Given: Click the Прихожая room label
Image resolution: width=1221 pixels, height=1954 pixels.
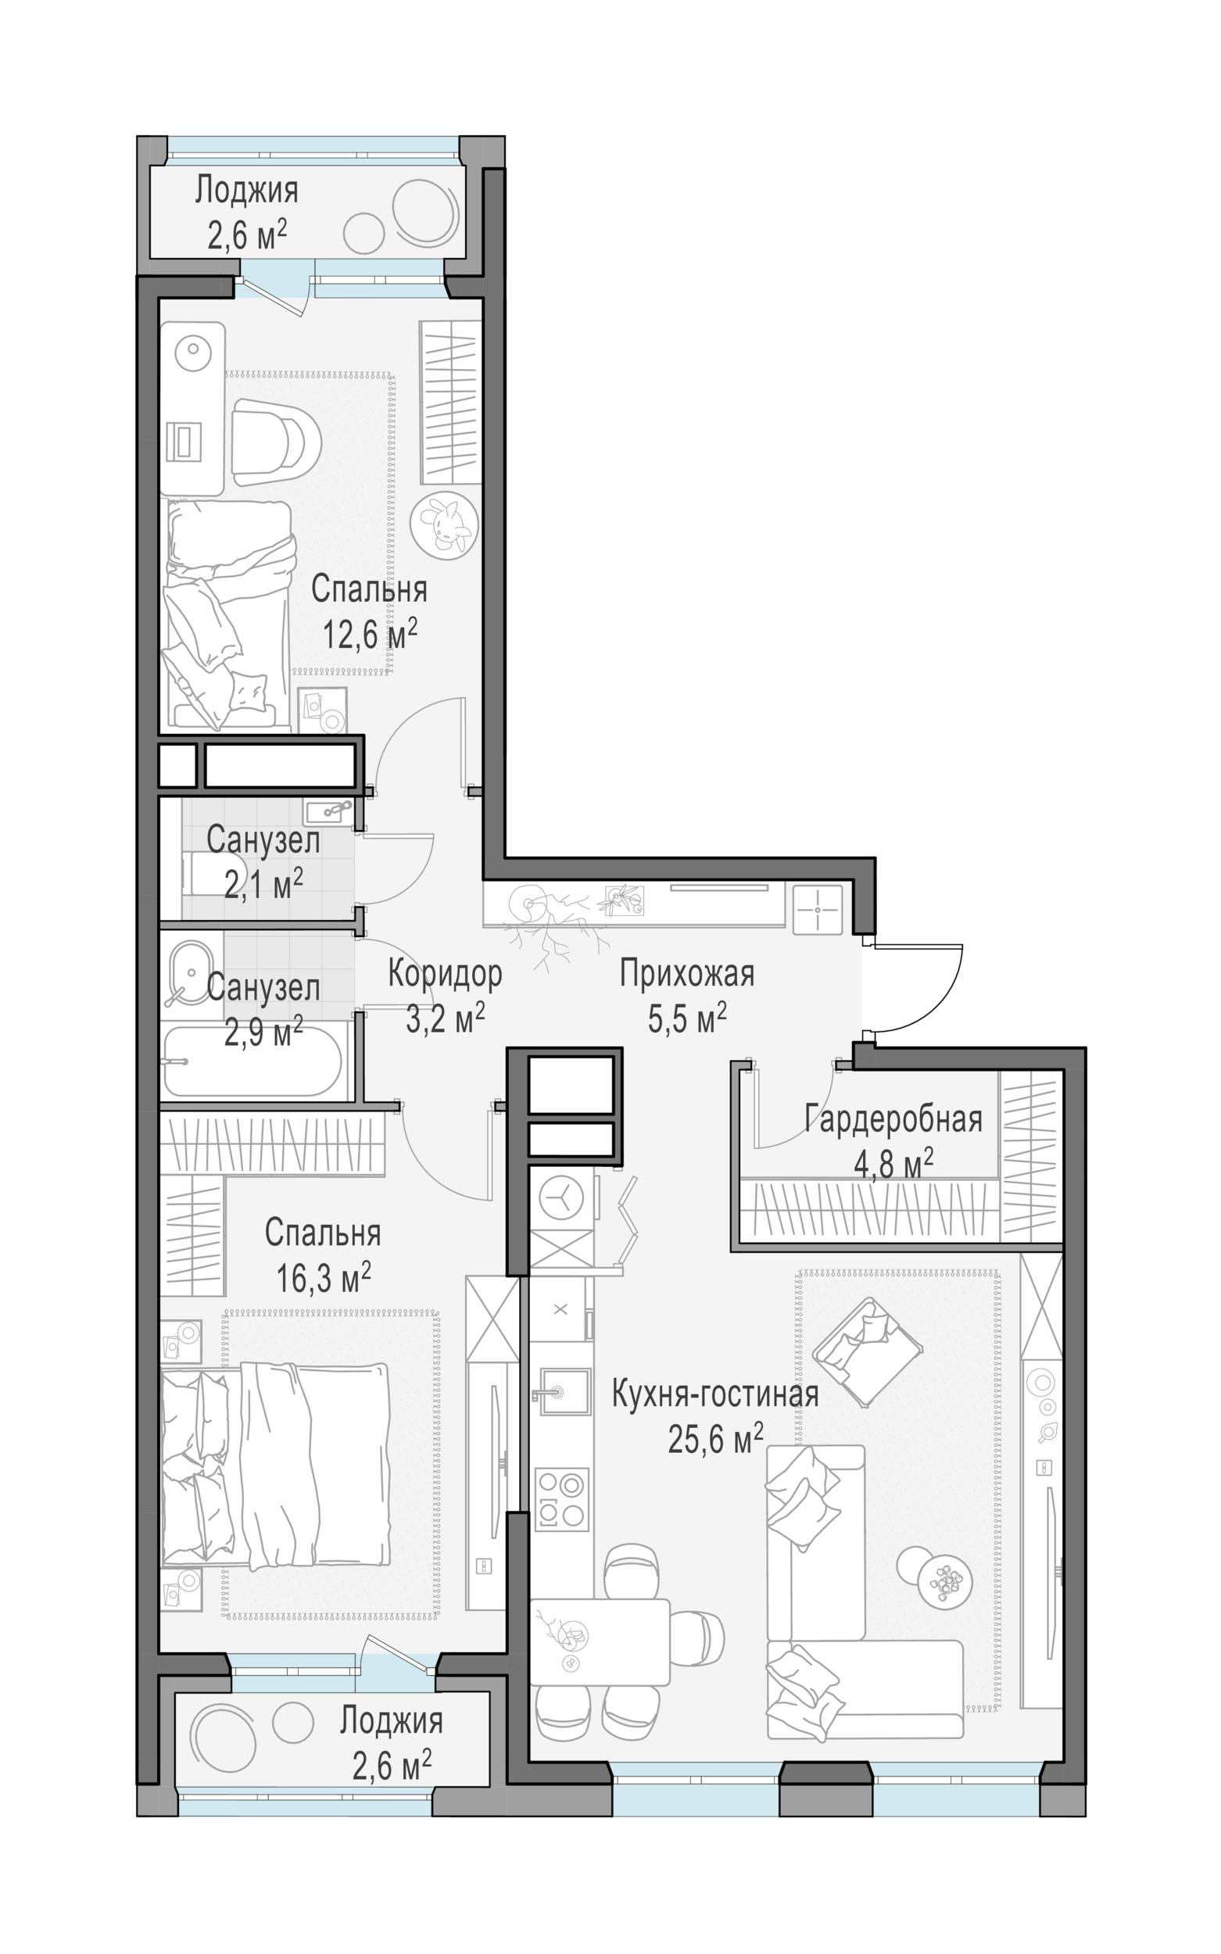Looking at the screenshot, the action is pos(687,975).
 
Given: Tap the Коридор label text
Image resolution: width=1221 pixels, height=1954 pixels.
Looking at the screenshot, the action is pos(444,974).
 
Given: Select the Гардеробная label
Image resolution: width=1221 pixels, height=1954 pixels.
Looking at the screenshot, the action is pos(893,1120).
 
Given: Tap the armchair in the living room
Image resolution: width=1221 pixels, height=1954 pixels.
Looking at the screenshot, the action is pos(868,1342).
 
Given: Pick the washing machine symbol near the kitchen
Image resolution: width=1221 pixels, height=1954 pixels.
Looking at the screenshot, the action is pos(563,1197).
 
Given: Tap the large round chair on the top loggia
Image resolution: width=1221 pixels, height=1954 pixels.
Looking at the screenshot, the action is pos(423,213).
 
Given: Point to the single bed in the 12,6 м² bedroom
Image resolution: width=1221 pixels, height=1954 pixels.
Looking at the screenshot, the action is pos(228,614).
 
